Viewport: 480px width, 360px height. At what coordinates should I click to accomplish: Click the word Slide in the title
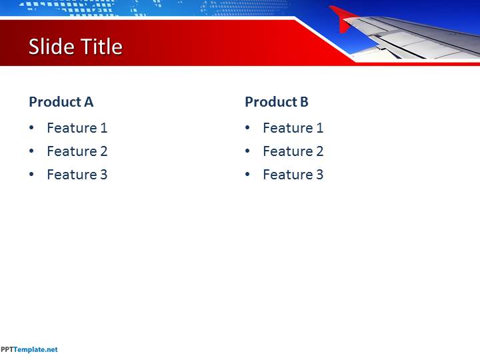tap(52, 47)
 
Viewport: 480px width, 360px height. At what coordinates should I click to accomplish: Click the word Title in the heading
tap(101, 47)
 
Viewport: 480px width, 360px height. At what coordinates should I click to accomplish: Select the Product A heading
tap(61, 102)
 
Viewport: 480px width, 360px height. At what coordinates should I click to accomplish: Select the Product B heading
tap(277, 102)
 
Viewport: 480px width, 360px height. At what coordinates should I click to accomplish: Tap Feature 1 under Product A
tap(77, 128)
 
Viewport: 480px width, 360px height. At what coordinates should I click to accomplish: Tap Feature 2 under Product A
tap(77, 151)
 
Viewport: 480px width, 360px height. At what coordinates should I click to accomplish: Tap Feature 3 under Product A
tap(77, 175)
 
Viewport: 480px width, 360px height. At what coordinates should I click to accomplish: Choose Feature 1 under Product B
tap(293, 128)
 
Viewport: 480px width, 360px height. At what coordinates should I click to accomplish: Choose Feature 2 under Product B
tap(293, 151)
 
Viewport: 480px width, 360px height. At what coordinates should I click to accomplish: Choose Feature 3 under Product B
tap(293, 175)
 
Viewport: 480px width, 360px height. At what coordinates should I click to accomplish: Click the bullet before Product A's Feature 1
tap(31, 127)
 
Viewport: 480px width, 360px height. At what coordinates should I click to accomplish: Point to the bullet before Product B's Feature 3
tap(247, 174)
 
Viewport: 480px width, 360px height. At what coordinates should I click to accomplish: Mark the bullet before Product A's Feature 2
tap(31, 151)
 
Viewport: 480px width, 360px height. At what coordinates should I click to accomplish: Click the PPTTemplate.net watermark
tap(29, 349)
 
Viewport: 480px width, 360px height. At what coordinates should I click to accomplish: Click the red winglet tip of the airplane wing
tap(343, 19)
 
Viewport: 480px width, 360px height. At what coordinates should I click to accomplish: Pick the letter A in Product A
tap(89, 102)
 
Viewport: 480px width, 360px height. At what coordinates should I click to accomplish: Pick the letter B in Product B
tap(304, 102)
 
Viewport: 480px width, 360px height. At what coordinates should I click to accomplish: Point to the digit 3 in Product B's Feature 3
tap(319, 175)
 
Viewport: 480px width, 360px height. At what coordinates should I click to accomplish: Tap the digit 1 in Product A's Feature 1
tap(104, 128)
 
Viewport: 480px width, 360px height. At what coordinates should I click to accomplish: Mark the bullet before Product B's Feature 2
tap(247, 151)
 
